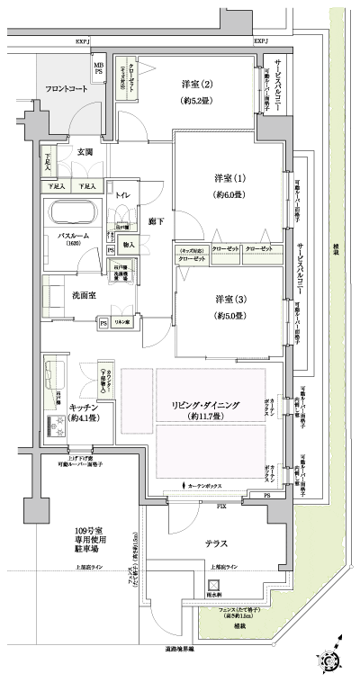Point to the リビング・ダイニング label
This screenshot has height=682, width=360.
coord(211,405)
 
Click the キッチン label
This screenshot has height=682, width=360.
coord(84,406)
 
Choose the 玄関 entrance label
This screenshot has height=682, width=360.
coord(86,151)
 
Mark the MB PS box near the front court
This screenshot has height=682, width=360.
coord(98,67)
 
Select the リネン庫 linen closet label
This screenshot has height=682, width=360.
coord(121,322)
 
